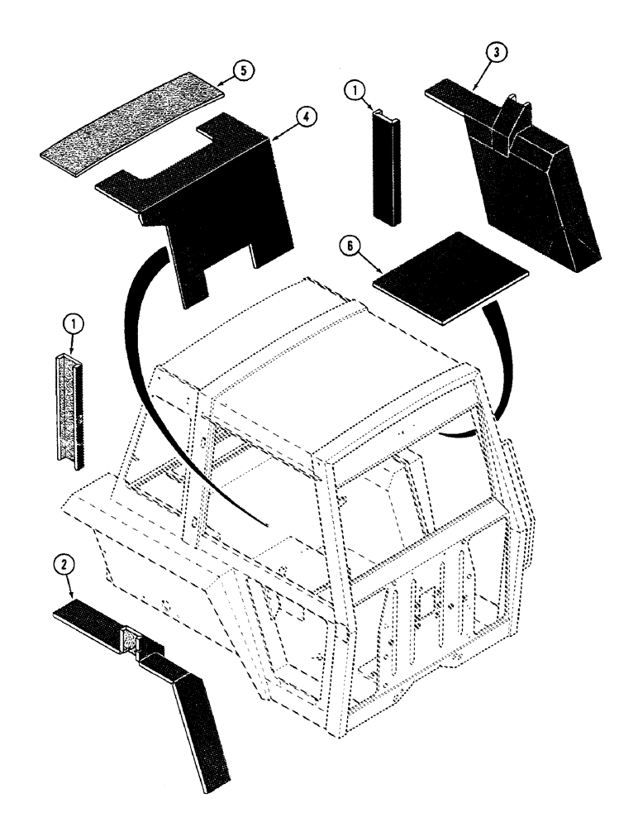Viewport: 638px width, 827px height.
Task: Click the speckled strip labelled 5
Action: pyautogui.click(x=132, y=124)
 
